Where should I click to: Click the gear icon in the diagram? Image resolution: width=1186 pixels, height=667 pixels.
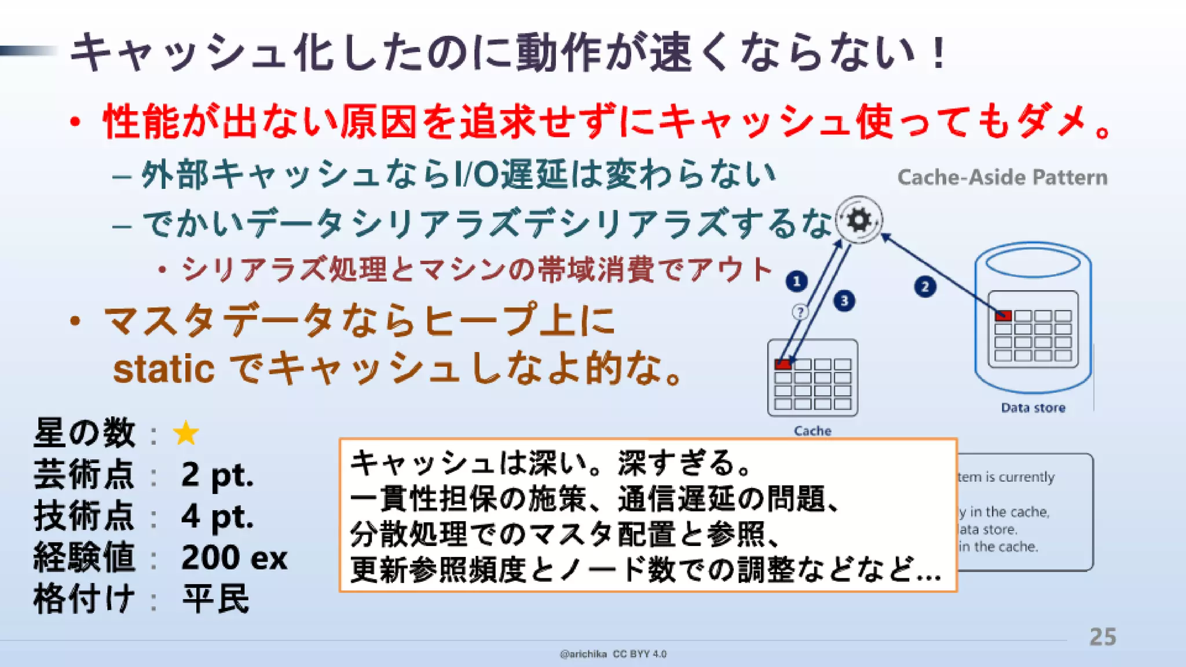859,220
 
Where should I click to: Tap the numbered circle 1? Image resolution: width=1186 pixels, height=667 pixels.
797,281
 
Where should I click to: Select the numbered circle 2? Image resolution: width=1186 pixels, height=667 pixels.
925,287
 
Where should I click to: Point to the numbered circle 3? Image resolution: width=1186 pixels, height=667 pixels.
844,300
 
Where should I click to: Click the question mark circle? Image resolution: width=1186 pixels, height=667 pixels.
800,312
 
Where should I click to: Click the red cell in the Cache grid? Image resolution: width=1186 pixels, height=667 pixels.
782,364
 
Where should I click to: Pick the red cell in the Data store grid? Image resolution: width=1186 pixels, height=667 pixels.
1003,316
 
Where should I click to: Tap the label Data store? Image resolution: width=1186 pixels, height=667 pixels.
1033,408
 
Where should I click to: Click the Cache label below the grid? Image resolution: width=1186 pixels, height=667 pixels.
812,431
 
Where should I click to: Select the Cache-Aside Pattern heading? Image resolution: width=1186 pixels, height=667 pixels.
1002,177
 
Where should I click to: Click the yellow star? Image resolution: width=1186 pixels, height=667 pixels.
186,434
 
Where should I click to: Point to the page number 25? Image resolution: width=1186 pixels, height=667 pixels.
1103,637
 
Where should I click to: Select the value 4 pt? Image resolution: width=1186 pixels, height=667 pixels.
217,516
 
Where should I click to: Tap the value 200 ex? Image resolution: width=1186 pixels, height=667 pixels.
234,558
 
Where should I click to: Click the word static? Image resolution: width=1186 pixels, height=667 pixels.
164,369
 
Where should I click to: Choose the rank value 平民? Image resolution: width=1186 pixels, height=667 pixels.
215,599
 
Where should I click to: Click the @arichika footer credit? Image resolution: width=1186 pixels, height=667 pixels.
583,654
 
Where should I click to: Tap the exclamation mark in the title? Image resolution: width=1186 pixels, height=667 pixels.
939,53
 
